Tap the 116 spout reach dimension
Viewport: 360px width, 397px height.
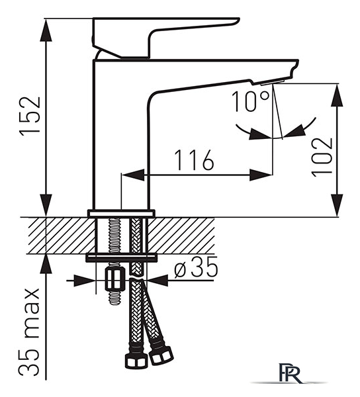(195, 159)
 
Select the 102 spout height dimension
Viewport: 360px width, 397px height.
(322, 157)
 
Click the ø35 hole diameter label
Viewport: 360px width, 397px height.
(196, 267)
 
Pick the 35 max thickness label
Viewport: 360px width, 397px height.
(29, 333)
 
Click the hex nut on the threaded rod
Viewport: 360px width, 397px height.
(115, 279)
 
